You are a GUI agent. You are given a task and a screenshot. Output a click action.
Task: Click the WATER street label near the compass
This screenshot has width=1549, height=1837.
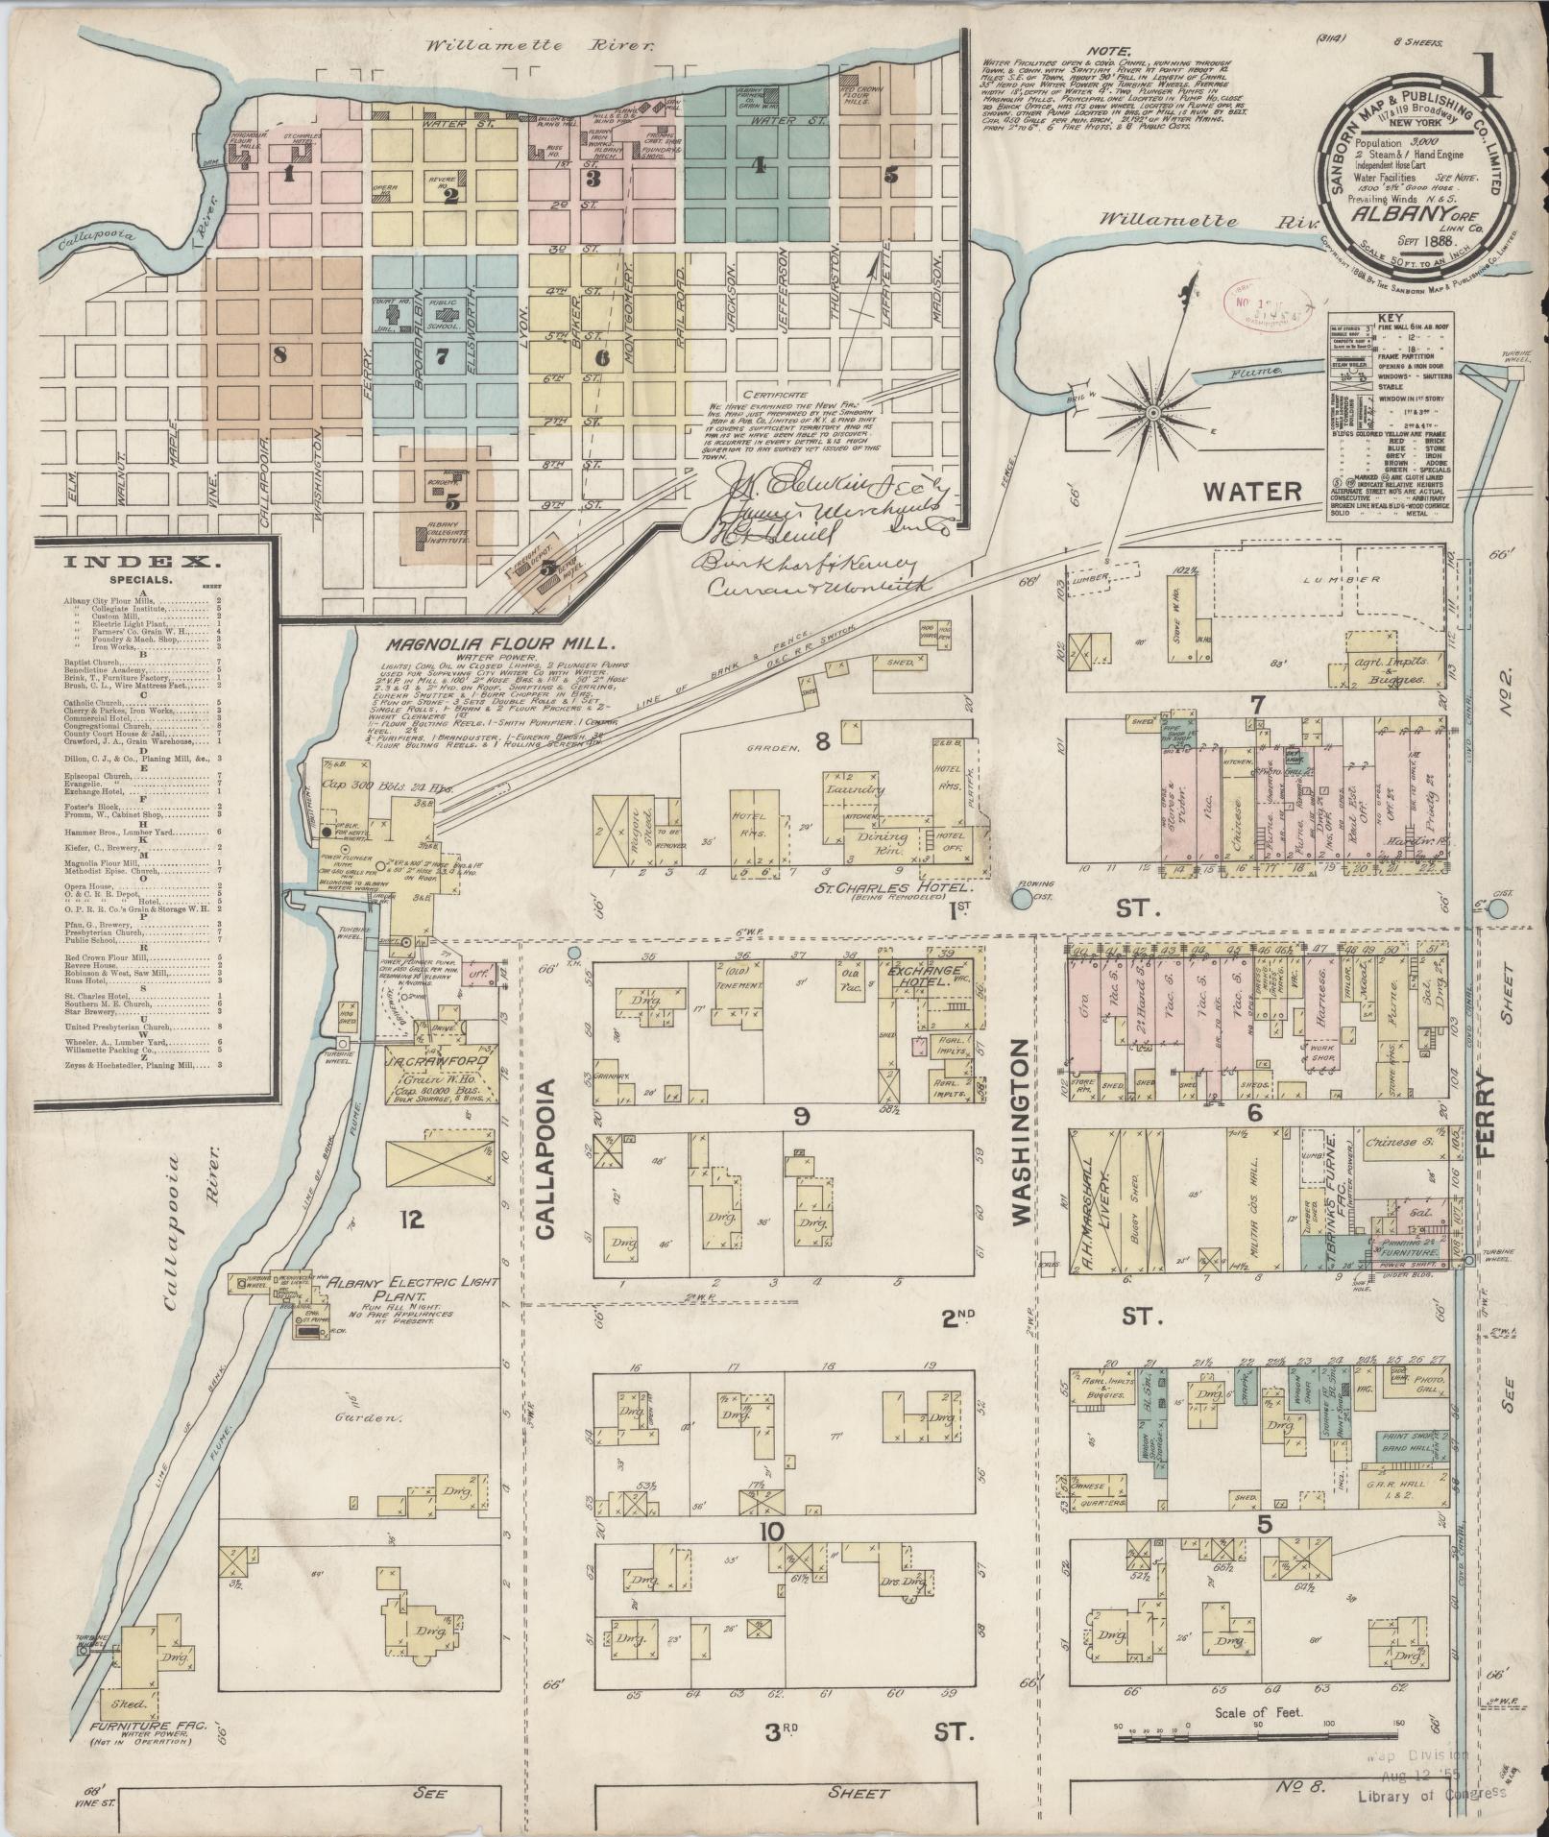pos(1252,492)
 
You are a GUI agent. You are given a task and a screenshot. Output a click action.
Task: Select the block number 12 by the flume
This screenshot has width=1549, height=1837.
pos(413,1220)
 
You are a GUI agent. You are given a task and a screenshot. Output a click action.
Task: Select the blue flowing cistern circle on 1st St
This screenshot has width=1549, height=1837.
pos(1021,899)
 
